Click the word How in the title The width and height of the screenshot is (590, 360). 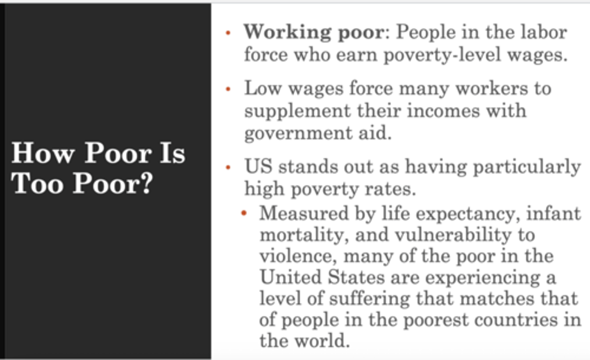coord(43,153)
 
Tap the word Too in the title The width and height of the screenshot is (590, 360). coord(37,183)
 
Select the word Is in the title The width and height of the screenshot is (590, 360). coord(172,153)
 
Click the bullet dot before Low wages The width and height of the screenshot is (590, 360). coord(228,89)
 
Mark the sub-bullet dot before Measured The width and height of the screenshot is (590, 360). coord(244,213)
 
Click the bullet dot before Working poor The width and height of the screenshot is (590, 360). coord(228,33)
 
